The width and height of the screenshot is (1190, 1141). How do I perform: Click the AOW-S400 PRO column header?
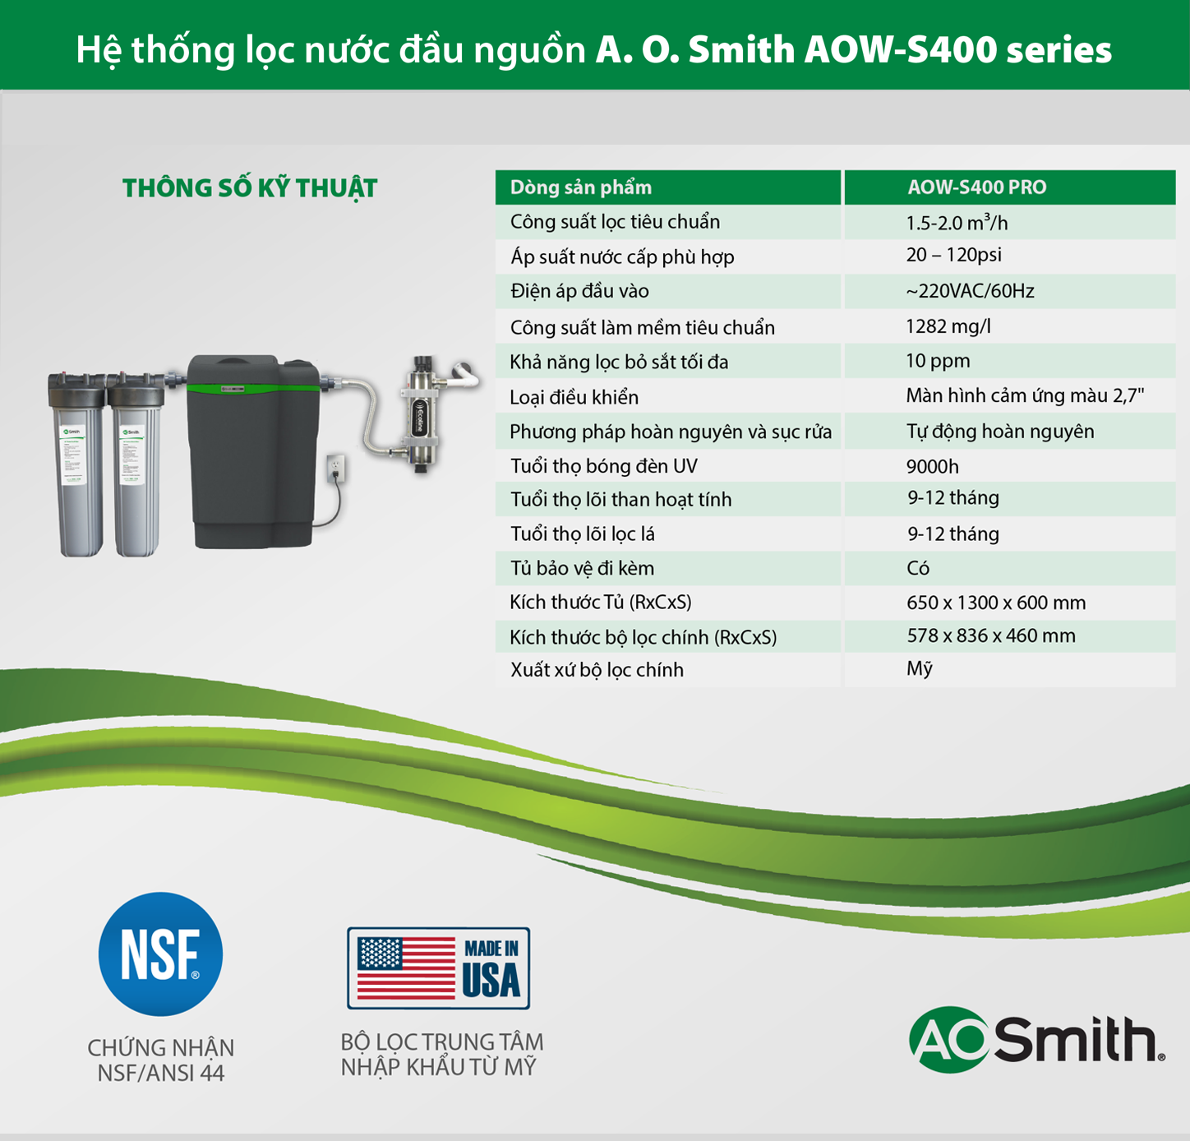pyautogui.click(x=976, y=187)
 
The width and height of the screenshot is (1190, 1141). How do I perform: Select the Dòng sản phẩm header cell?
pyautogui.click(x=580, y=187)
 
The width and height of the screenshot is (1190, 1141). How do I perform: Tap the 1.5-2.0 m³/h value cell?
pyautogui.click(x=957, y=223)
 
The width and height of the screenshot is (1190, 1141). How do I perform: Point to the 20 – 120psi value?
pyautogui.click(x=953, y=255)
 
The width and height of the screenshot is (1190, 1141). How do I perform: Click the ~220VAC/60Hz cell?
pyautogui.click(x=970, y=291)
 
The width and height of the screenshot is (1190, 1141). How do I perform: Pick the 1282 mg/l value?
pyautogui.click(x=948, y=326)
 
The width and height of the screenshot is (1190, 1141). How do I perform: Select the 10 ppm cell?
pyautogui.click(x=938, y=361)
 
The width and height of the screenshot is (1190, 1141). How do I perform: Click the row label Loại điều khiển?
pyautogui.click(x=574, y=397)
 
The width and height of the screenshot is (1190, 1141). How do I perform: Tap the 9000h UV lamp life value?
pyautogui.click(x=932, y=466)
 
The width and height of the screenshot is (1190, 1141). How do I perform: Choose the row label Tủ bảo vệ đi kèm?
pyautogui.click(x=582, y=568)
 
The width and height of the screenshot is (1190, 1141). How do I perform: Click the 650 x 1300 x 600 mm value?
pyautogui.click(x=995, y=603)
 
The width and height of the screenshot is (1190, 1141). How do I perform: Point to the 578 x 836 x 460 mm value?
pyautogui.click(x=990, y=635)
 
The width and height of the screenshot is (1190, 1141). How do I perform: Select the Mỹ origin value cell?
pyautogui.click(x=919, y=669)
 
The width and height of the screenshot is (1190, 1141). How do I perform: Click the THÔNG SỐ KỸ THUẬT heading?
pyautogui.click(x=250, y=188)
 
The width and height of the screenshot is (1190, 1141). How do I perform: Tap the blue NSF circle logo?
pyautogui.click(x=160, y=954)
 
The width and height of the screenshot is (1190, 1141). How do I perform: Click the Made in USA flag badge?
pyautogui.click(x=438, y=968)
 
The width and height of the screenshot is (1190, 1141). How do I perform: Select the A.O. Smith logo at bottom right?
pyautogui.click(x=1035, y=1039)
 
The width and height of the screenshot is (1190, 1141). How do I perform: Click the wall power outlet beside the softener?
pyautogui.click(x=336, y=468)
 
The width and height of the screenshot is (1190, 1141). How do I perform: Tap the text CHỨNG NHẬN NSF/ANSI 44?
pyautogui.click(x=161, y=1060)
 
